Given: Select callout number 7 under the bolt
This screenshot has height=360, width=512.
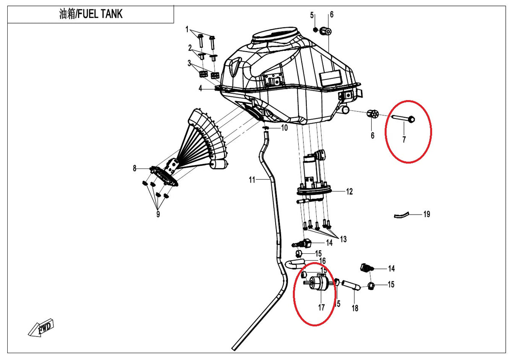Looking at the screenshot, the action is pyautogui.click(x=404, y=139).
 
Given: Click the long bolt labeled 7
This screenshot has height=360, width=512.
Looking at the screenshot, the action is pyautogui.click(x=404, y=119).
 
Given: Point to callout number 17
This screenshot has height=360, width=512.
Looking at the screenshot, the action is pyautogui.click(x=321, y=308).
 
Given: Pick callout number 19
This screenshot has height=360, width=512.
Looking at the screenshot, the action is pyautogui.click(x=427, y=214).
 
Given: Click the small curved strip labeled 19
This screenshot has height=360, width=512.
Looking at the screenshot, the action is pyautogui.click(x=401, y=215).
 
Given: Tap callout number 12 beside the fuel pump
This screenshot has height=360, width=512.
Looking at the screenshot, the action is pyautogui.click(x=349, y=192).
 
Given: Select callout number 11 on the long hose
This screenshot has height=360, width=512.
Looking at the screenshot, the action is pyautogui.click(x=252, y=180).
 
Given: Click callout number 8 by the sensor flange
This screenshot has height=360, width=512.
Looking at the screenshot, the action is pyautogui.click(x=135, y=168).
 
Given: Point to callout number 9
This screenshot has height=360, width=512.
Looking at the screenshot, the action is pyautogui.click(x=158, y=214).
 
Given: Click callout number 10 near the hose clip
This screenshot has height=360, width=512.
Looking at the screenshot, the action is pyautogui.click(x=284, y=128).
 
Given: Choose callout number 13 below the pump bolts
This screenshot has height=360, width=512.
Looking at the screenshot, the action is pyautogui.click(x=343, y=239).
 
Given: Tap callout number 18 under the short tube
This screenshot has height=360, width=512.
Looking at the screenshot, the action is pyautogui.click(x=355, y=308).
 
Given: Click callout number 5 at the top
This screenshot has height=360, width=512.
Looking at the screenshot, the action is pyautogui.click(x=312, y=15).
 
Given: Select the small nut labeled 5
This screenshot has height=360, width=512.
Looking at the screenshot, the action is pyautogui.click(x=315, y=30).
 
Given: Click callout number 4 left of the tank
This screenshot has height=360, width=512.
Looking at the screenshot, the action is pyautogui.click(x=201, y=88).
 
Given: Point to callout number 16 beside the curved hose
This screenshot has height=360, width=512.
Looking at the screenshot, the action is pyautogui.click(x=323, y=261).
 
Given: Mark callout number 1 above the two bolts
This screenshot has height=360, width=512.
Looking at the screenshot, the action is pyautogui.click(x=187, y=29).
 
